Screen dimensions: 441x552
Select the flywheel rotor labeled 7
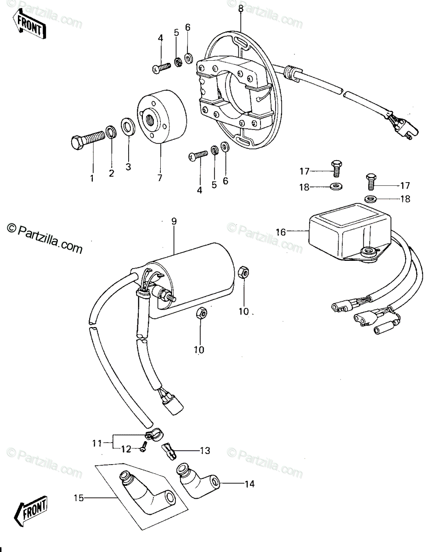[x=162, y=117]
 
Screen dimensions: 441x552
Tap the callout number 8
[x=241, y=8]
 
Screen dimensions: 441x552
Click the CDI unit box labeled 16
[x=350, y=232]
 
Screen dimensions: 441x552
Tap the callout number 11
[x=97, y=443]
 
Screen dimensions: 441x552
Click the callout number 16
[x=281, y=232]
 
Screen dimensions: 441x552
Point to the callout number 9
[x=174, y=221]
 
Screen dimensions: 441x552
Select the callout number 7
[x=160, y=178]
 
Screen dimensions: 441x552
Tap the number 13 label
[x=205, y=450]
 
